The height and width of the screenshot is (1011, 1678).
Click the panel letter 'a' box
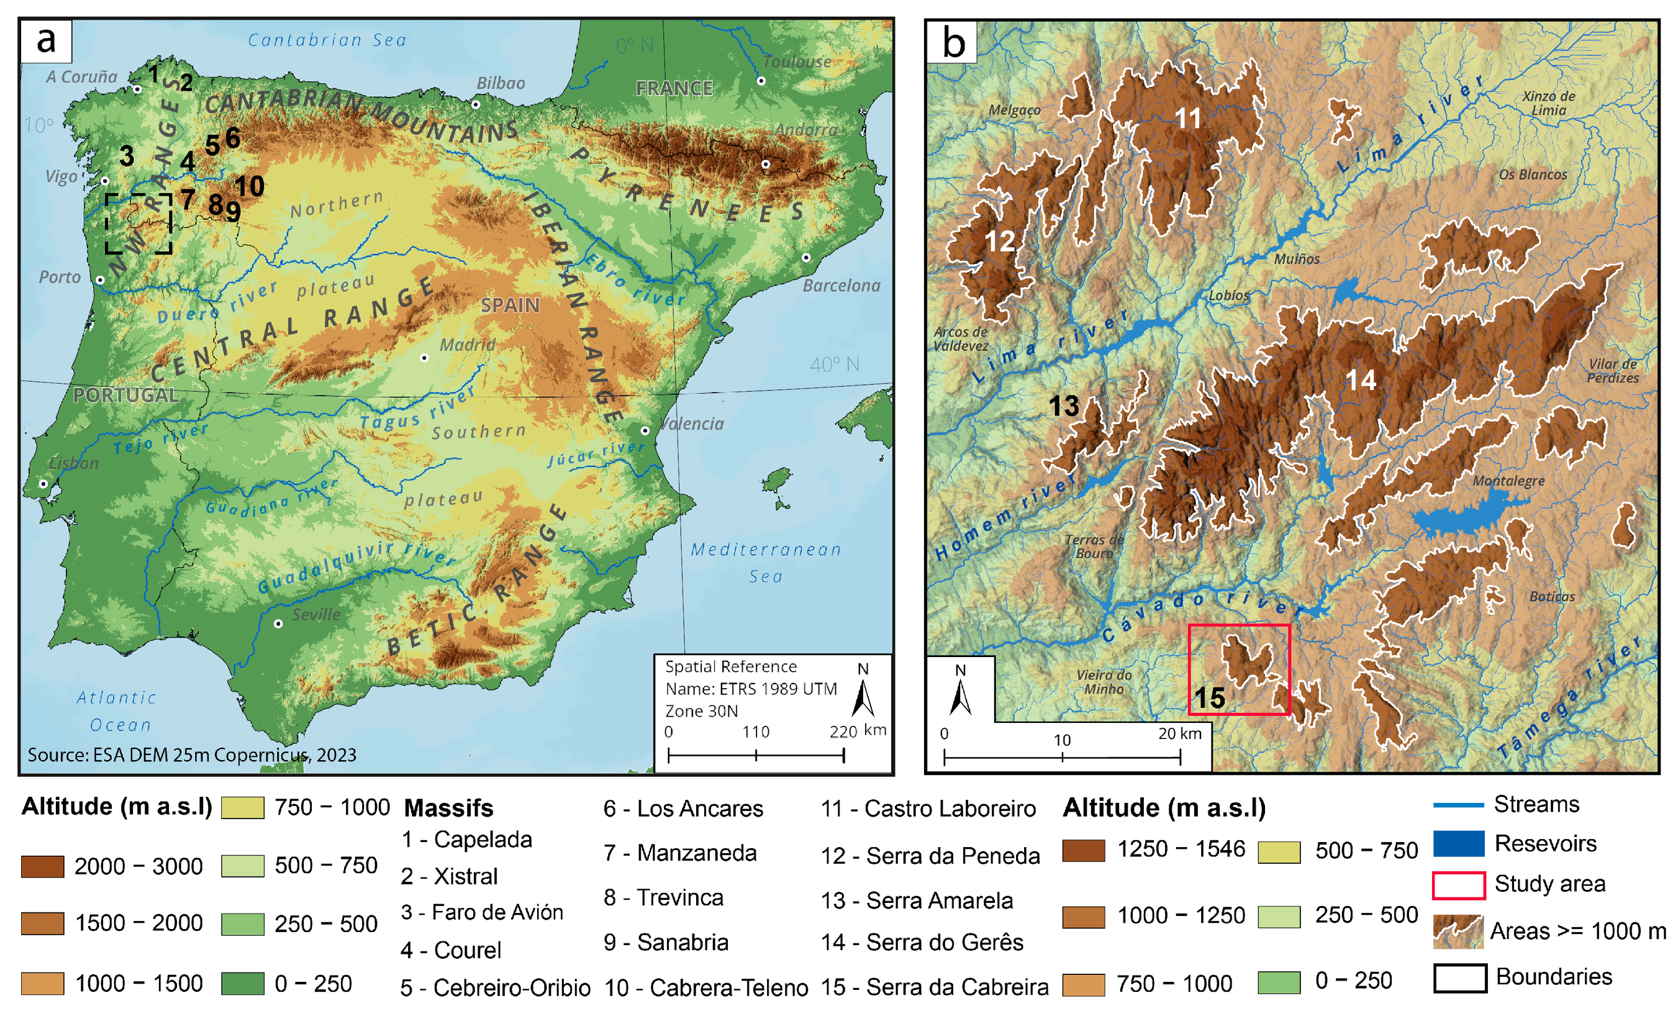tap(45, 41)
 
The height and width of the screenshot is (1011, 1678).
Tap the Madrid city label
tap(467, 345)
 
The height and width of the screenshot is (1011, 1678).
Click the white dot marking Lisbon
tap(43, 484)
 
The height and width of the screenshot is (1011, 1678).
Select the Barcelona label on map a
tap(841, 285)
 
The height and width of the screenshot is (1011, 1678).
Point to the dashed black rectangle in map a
tap(139, 224)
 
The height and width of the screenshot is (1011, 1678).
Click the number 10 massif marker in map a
tap(249, 186)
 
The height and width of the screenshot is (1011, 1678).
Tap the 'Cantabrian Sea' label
tap(327, 40)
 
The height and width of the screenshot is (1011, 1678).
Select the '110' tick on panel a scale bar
tap(755, 732)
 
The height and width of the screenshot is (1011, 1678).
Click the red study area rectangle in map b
tap(1239, 669)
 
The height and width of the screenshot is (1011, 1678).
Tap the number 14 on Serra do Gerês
tap(1361, 380)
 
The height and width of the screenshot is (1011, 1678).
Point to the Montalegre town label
tap(1508, 481)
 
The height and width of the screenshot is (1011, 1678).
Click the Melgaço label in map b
tap(1014, 111)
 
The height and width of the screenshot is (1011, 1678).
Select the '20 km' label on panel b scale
tap(1179, 734)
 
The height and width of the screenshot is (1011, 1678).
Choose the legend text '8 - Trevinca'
tap(663, 897)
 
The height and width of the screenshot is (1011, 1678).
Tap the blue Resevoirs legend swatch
tap(1458, 843)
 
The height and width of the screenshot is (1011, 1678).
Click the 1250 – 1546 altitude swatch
tap(1083, 850)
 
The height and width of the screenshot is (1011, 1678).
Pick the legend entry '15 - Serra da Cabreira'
tap(935, 987)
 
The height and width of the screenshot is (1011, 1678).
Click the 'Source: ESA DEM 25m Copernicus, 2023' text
tap(192, 755)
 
